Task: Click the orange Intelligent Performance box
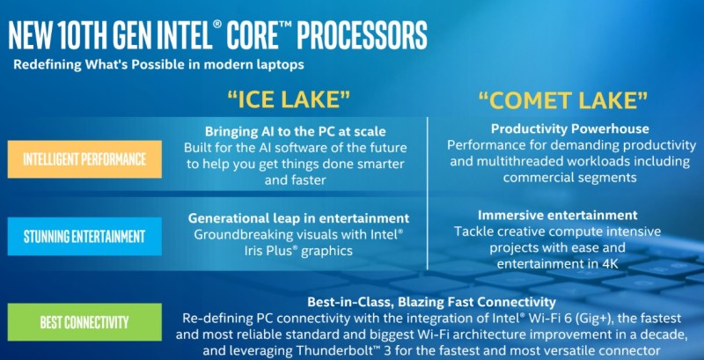coord(84,159)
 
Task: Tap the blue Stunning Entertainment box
coord(84,236)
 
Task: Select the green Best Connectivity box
coord(84,322)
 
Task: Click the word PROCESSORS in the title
coord(362,35)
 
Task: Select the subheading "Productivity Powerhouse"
coord(569,129)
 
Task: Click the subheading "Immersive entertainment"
coord(557,215)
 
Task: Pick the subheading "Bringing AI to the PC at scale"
coord(295,131)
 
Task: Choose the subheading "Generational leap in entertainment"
coord(298,218)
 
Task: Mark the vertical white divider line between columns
coord(428,194)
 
